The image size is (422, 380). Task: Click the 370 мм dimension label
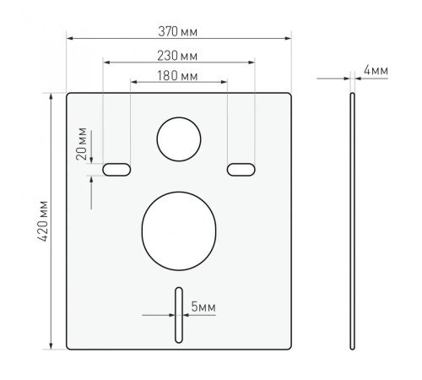click(x=177, y=31)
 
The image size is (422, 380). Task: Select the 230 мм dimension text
click(x=177, y=56)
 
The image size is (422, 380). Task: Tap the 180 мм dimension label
click(x=177, y=76)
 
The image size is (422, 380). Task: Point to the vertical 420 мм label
click(x=43, y=221)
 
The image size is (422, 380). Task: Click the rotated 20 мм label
click(x=82, y=144)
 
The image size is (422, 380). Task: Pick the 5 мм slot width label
click(x=203, y=307)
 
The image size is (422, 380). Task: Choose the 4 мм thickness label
click(x=376, y=70)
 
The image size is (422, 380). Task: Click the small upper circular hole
click(x=179, y=139)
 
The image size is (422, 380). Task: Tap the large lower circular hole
click(x=179, y=231)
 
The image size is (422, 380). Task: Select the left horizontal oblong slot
click(x=116, y=170)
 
